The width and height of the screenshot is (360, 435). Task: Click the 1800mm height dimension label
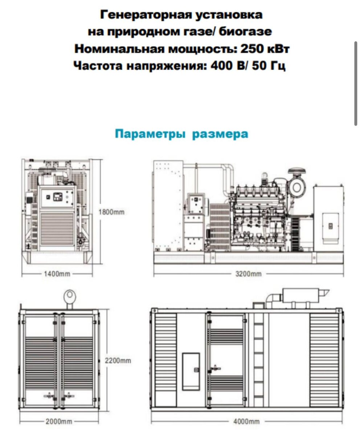(111, 212)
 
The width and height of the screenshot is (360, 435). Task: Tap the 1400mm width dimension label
(57, 274)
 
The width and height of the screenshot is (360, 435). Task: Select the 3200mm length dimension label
(248, 274)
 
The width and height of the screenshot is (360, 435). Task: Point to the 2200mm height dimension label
(118, 361)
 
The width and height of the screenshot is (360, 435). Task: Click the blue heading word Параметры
(150, 134)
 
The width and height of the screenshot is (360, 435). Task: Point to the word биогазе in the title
(245, 32)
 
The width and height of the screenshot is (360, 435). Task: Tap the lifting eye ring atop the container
(70, 295)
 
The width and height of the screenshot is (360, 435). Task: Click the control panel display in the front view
(58, 196)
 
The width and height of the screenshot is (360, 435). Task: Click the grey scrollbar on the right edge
(356, 83)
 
